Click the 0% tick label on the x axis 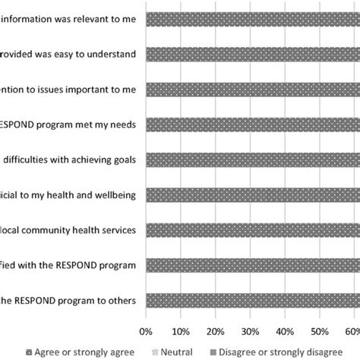click(146, 331)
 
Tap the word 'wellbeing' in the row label click(114, 195)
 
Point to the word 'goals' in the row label click(123, 159)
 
